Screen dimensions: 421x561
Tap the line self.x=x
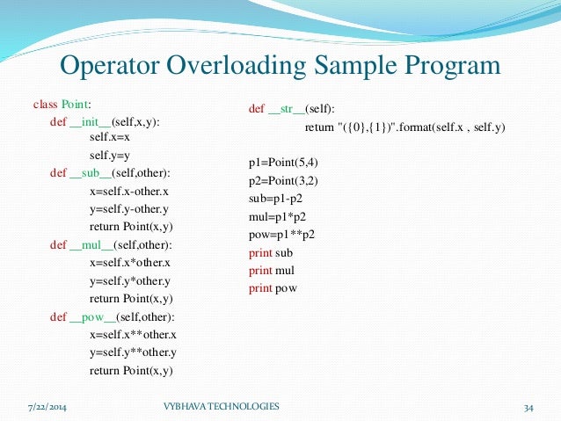pyautogui.click(x=110, y=137)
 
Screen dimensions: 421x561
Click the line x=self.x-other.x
pyautogui.click(x=128, y=191)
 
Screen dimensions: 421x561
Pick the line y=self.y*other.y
pyautogui.click(x=129, y=281)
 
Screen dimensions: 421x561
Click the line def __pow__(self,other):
pyautogui.click(x=113, y=316)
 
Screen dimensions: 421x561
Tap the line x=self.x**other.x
pyautogui.click(x=133, y=335)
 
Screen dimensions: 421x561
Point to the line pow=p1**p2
pyautogui.click(x=281, y=235)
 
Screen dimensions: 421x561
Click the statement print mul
pyautogui.click(x=271, y=270)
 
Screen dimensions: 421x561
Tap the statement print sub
pyautogui.click(x=270, y=252)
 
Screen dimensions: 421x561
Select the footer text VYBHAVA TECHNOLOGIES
pyautogui.click(x=222, y=406)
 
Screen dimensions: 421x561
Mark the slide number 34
pyautogui.click(x=528, y=407)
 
